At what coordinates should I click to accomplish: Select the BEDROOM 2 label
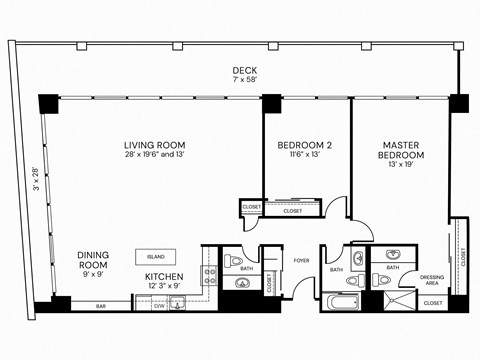coord(304,146)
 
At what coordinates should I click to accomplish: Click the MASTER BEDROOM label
coord(401,150)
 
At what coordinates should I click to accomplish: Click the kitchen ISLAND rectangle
coord(156,256)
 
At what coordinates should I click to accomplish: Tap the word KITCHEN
coord(164,276)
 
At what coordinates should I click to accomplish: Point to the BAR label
coord(102,305)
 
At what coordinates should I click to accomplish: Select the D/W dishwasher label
coord(159,305)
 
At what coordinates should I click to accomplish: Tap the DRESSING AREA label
coord(432,280)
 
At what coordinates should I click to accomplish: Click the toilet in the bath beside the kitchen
coord(236,263)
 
